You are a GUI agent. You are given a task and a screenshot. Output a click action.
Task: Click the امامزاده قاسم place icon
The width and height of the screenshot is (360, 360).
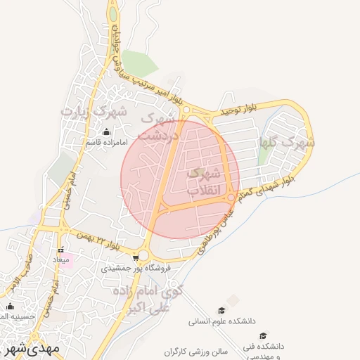pos(106,132)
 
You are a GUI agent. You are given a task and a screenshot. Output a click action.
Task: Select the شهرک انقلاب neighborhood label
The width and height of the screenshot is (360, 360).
pos(205,182)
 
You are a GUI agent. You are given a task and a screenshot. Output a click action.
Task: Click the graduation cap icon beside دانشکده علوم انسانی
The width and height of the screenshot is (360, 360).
pos(222,310)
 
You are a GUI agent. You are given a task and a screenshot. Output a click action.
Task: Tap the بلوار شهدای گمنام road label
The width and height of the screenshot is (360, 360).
pos(269,188)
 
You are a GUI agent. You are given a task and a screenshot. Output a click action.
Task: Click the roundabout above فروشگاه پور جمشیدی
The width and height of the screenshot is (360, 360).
pos(144,255)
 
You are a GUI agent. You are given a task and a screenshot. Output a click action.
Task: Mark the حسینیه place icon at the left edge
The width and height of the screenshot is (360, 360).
pos(10,307)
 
